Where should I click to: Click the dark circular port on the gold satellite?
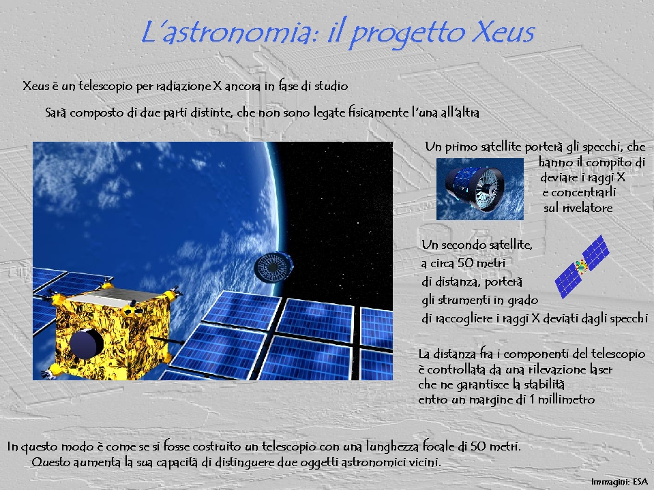tap(86, 343)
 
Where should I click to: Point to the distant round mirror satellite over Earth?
tap(273, 266)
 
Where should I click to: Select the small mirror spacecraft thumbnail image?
tap(479, 189)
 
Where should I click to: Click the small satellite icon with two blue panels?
tap(582, 266)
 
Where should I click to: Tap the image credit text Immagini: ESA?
tap(619, 482)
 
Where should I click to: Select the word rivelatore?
tap(587, 208)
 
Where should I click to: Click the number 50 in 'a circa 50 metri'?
tap(466, 263)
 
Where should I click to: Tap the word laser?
tap(601, 369)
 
